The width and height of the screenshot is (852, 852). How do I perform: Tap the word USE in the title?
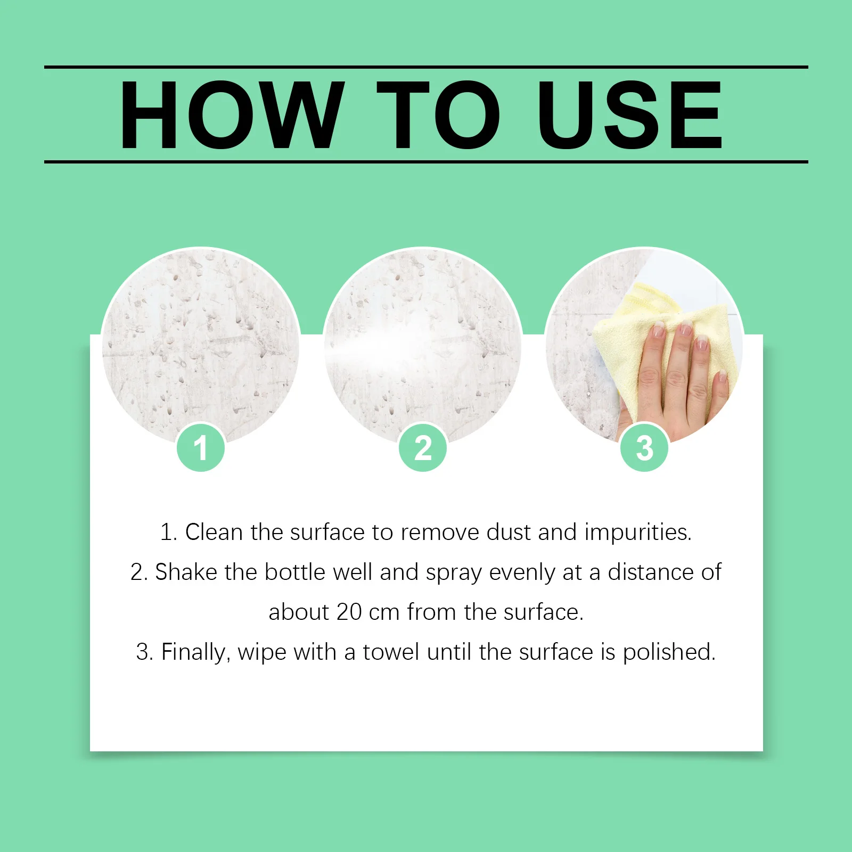[x=629, y=115]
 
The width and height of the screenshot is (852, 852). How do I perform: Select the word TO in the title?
[x=438, y=115]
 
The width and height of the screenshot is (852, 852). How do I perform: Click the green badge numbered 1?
[x=201, y=447]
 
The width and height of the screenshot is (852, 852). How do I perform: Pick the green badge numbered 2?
[x=423, y=447]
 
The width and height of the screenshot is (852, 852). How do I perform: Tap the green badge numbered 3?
[x=644, y=447]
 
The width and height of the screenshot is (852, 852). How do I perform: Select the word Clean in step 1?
[x=214, y=532]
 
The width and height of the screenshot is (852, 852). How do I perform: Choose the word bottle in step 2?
[x=294, y=572]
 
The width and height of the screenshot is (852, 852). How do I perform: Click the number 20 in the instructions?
[x=349, y=612]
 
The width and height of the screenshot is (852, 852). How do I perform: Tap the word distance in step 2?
[x=651, y=572]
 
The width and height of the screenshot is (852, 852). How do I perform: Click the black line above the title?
[x=426, y=67]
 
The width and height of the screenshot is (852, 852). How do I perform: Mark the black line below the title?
[x=426, y=161]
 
